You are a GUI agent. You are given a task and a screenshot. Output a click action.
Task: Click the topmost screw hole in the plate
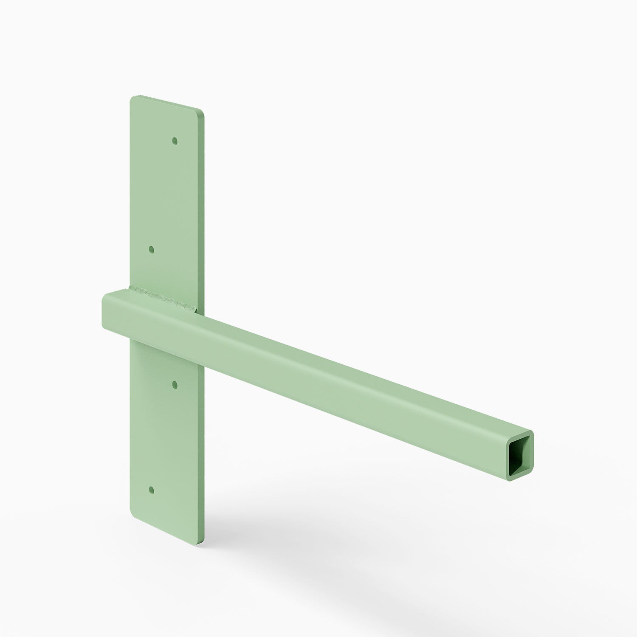(175, 140)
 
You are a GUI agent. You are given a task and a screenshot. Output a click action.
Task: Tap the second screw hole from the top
(152, 249)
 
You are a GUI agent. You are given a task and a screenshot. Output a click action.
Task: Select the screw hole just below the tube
(175, 385)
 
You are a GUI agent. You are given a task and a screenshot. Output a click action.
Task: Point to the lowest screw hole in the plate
(152, 490)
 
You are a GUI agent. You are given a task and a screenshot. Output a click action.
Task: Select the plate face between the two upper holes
(163, 195)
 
